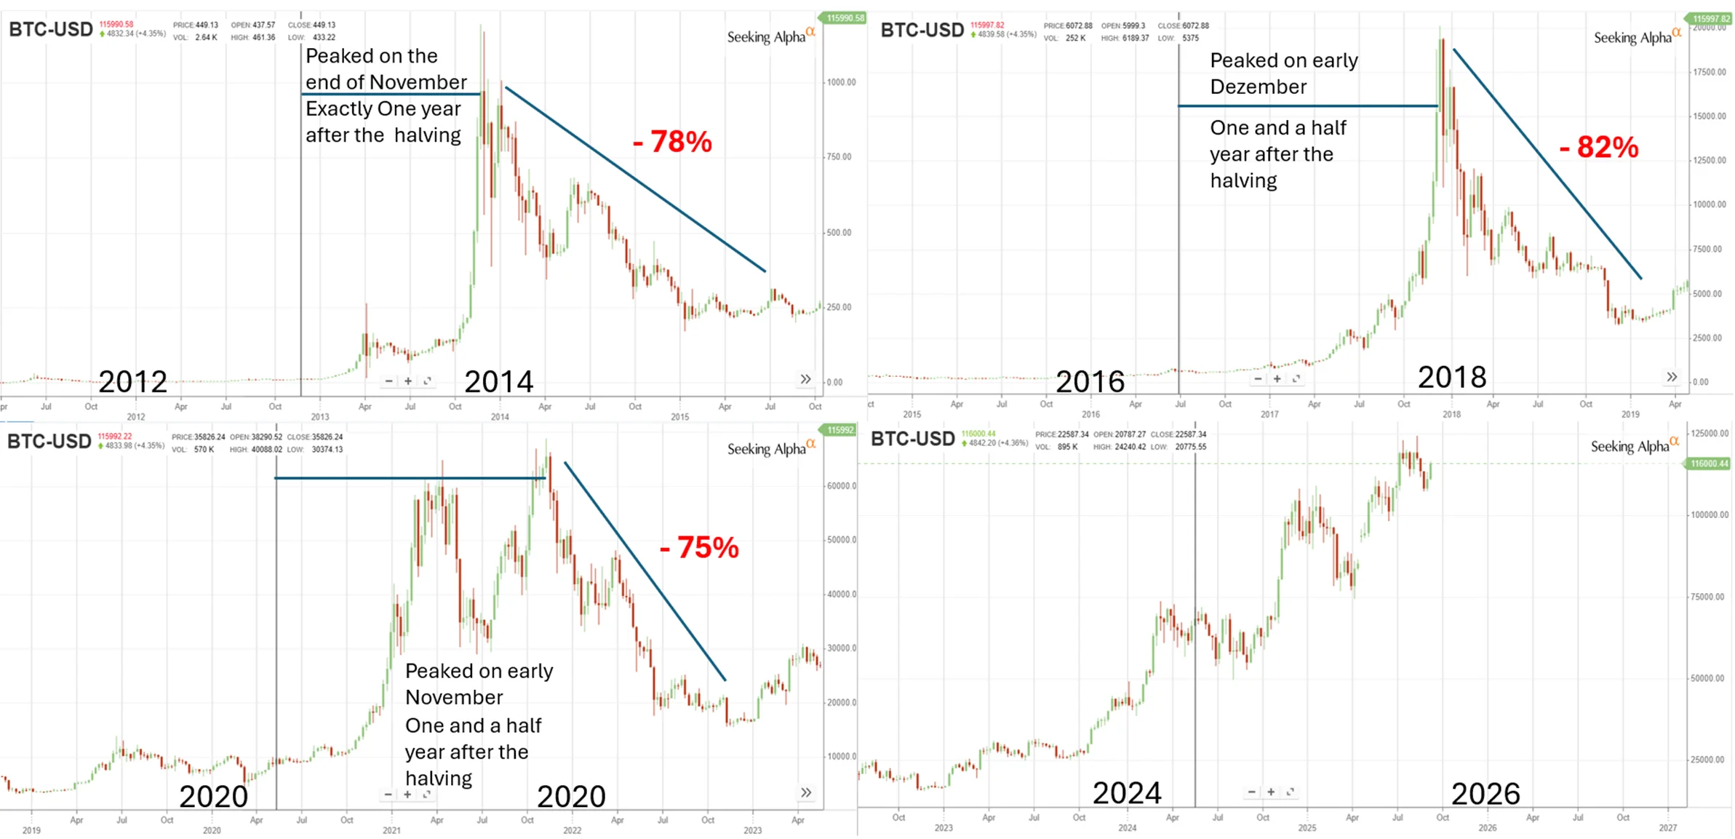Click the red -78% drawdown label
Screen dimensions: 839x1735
tap(672, 142)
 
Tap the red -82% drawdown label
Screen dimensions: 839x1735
tap(1598, 148)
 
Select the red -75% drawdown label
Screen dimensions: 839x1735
tap(698, 548)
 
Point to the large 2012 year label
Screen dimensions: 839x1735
tap(132, 381)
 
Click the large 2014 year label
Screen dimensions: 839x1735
tap(498, 381)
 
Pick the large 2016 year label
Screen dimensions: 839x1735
tap(1089, 381)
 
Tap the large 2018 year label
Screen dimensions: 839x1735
tap(1451, 377)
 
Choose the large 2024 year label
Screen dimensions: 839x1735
tap(1126, 792)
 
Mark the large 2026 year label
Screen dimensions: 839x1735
tap(1485, 793)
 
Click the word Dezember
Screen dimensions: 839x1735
tap(1258, 87)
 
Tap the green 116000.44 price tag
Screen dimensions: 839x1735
tap(1709, 464)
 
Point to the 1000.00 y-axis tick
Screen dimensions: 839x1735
tap(841, 82)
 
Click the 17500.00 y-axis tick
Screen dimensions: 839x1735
tap(1710, 72)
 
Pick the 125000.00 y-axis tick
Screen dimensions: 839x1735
tap(1710, 433)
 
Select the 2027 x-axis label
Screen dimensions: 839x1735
tap(1667, 828)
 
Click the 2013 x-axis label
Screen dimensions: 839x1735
tap(319, 417)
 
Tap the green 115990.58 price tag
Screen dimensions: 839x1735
tap(845, 17)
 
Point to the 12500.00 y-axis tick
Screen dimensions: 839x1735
tap(1710, 160)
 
